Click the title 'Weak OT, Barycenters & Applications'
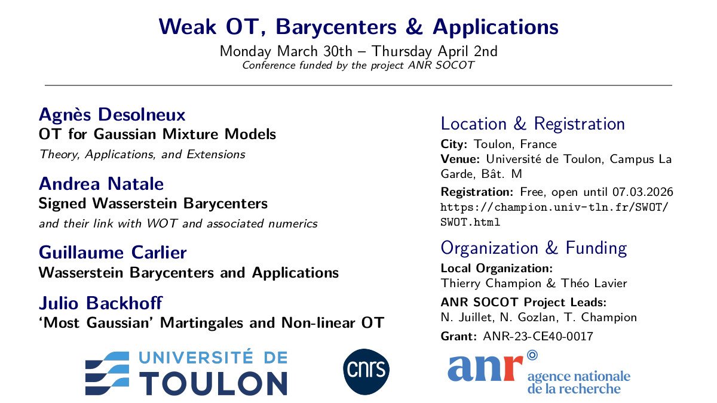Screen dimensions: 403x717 tap(358, 27)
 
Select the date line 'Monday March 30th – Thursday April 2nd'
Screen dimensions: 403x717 tap(358, 51)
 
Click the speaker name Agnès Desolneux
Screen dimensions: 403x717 tap(112, 114)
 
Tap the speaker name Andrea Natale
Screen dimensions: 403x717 tap(101, 183)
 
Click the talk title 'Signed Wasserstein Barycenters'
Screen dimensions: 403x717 tap(153, 204)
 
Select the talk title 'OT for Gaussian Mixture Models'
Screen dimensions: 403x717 tap(157, 134)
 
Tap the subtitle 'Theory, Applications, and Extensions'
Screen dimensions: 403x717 tap(142, 155)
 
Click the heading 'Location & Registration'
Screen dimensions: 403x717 tap(532, 124)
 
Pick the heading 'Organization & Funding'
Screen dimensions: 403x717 tap(533, 248)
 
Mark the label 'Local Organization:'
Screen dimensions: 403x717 tap(496, 268)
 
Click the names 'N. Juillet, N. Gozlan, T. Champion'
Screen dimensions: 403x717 tap(538, 317)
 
